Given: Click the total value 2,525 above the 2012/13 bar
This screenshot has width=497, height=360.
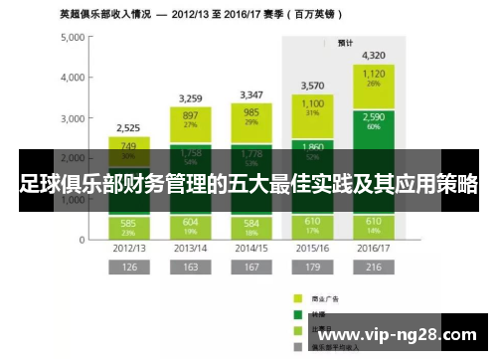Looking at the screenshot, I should point(128,128).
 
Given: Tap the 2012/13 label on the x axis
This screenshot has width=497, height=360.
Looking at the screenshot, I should point(128,247).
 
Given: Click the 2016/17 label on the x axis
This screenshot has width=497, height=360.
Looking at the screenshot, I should point(374,247).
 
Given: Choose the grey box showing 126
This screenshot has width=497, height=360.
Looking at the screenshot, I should point(128,267).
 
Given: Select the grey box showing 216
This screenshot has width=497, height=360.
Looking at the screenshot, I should point(374,267).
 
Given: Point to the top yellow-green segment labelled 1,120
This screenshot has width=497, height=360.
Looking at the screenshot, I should point(374,78).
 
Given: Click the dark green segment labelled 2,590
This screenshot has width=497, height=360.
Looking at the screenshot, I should point(374,120).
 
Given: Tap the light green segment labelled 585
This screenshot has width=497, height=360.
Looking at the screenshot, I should point(128,226).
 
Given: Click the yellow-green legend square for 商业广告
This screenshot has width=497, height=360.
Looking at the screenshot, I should point(297,296).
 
